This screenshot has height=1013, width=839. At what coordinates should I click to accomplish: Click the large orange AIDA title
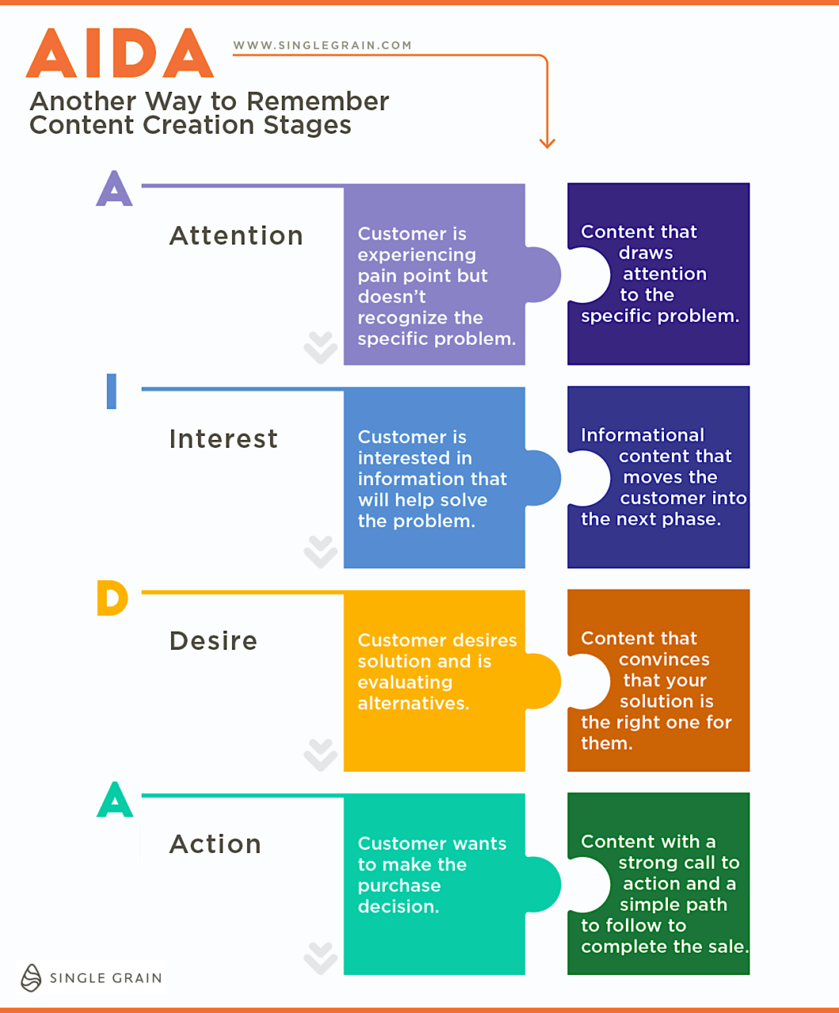click(x=120, y=54)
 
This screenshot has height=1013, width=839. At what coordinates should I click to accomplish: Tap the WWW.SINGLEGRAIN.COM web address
click(x=322, y=45)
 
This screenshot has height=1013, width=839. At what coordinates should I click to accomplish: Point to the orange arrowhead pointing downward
click(x=547, y=142)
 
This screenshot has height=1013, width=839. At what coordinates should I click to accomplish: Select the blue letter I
click(x=112, y=391)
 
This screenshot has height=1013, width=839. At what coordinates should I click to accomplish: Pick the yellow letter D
click(x=112, y=598)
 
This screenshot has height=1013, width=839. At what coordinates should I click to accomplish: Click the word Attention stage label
click(x=236, y=236)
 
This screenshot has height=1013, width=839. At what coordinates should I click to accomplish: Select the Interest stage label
click(x=223, y=438)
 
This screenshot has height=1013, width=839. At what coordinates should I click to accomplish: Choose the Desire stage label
click(x=213, y=640)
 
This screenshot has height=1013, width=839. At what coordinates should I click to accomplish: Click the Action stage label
click(x=215, y=844)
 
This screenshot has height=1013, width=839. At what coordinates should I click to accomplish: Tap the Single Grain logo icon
click(x=31, y=977)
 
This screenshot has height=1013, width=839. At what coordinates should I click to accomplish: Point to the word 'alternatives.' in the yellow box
click(x=413, y=703)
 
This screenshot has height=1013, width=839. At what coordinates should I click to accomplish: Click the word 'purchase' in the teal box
click(x=399, y=886)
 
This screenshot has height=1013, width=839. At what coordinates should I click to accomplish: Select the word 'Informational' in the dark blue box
click(x=642, y=435)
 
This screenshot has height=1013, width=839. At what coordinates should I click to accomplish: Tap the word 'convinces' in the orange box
click(x=663, y=659)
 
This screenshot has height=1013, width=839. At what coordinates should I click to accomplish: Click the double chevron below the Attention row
click(x=321, y=347)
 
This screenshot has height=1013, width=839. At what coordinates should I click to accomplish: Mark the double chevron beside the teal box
click(x=321, y=958)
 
